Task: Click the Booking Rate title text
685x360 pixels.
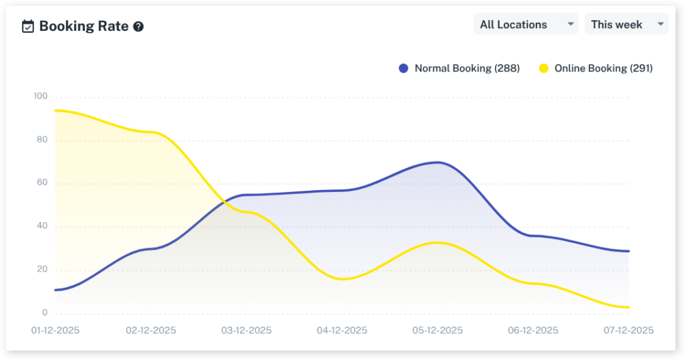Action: click(x=84, y=26)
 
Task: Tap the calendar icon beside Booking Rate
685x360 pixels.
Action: click(x=28, y=27)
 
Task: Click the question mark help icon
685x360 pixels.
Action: click(x=138, y=27)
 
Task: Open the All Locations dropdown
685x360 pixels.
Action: click(x=526, y=24)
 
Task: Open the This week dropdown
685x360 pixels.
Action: click(x=626, y=24)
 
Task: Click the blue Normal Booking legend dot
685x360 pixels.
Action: click(x=403, y=68)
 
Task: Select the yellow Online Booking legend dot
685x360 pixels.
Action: click(x=544, y=68)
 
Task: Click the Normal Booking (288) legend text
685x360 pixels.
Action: click(x=467, y=68)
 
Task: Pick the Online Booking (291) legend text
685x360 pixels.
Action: click(x=603, y=68)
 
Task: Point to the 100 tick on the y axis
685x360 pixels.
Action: click(x=40, y=96)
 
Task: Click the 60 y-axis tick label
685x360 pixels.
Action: click(x=41, y=183)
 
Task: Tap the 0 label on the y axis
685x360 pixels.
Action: click(x=45, y=313)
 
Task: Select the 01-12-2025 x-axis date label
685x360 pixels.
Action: click(x=55, y=331)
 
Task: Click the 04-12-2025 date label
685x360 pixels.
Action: click(x=342, y=331)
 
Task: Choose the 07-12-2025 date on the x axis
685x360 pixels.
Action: click(x=628, y=331)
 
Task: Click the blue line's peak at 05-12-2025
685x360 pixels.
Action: click(x=437, y=162)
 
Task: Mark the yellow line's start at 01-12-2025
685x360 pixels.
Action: click(x=56, y=110)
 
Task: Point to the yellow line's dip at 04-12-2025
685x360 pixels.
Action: click(x=342, y=279)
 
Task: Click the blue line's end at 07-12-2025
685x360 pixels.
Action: click(x=628, y=251)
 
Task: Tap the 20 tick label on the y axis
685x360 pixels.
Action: click(x=41, y=270)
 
